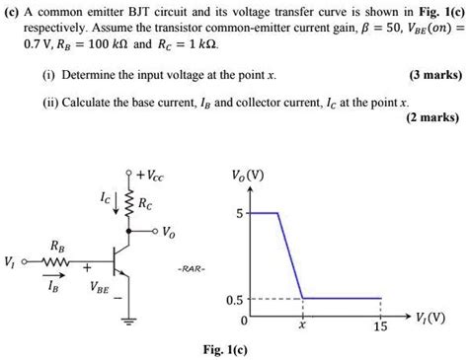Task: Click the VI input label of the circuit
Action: pyautogui.click(x=11, y=261)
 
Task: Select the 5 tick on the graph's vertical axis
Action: pyautogui.click(x=237, y=212)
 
